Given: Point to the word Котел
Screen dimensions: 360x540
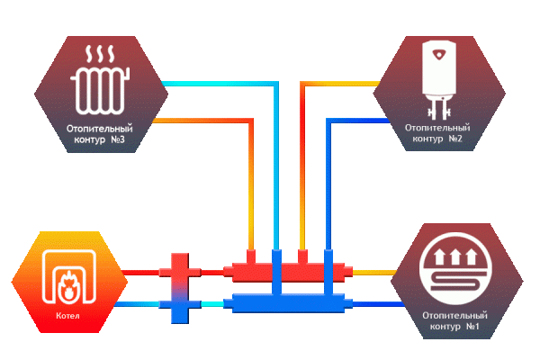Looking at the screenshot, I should click(x=67, y=316).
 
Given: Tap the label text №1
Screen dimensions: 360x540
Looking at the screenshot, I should click(x=474, y=326).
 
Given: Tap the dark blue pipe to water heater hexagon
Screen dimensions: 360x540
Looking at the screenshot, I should click(x=355, y=119).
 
